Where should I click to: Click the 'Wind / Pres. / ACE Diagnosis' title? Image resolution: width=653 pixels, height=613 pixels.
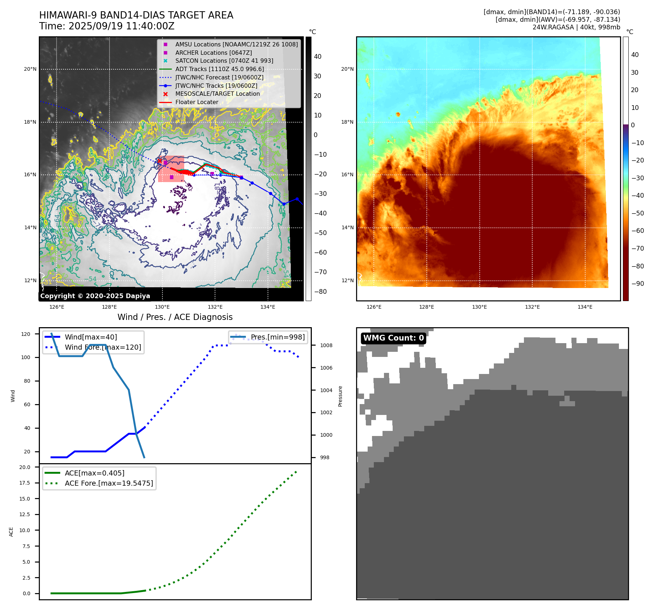pos(175,317)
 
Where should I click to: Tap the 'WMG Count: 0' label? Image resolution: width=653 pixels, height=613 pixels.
pos(393,338)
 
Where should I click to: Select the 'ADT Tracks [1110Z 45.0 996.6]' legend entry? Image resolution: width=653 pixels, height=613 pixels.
pos(219,69)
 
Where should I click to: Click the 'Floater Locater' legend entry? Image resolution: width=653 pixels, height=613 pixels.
pos(197,102)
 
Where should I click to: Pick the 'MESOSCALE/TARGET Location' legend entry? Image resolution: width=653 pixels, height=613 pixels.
pos(217,94)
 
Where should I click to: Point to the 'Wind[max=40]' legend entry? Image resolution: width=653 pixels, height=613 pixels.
pos(91,337)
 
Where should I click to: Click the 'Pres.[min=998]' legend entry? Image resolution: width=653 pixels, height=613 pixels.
pos(277,337)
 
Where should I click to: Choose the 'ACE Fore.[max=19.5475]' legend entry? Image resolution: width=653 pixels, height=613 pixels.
pos(109,483)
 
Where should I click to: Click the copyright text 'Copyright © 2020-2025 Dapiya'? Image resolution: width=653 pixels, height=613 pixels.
pos(95,296)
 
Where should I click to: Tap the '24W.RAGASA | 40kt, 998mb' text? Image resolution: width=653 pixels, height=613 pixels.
pos(576,27)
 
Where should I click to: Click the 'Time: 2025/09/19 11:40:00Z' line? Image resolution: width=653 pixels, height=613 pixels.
pos(107,26)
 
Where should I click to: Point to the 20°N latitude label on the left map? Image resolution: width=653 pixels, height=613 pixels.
pos(30,69)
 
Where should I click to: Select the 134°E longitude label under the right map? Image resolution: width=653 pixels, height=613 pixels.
pos(585,307)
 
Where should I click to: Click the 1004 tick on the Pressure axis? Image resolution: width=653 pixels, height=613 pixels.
pos(326,390)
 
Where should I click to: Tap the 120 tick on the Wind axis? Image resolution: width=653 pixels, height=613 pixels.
pos(26,334)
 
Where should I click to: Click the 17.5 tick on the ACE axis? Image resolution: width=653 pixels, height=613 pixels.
pos(25,483)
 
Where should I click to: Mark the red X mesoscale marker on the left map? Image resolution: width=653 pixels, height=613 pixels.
pos(160,160)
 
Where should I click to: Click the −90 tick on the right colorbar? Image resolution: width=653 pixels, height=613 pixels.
pos(637,284)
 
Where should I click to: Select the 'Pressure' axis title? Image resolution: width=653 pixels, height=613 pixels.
pos(340,396)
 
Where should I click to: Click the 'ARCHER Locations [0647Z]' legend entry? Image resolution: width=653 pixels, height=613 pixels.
pos(213,53)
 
